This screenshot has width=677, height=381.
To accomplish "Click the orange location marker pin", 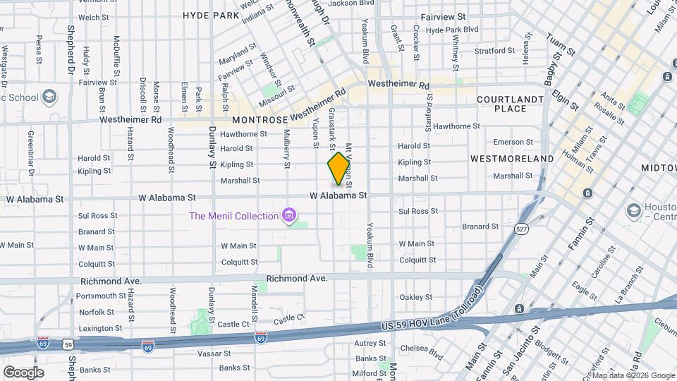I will pos(338,168).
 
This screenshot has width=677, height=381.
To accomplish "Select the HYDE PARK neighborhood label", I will pos(211,15).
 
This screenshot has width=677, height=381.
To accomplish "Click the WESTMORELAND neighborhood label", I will pos(512,159).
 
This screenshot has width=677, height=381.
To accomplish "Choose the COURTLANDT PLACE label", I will pos(511,104).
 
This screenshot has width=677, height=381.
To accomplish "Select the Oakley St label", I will pos(415,297).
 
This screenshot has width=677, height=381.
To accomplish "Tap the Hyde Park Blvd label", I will pos(452,30).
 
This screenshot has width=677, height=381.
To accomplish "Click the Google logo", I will pos(23,372).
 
